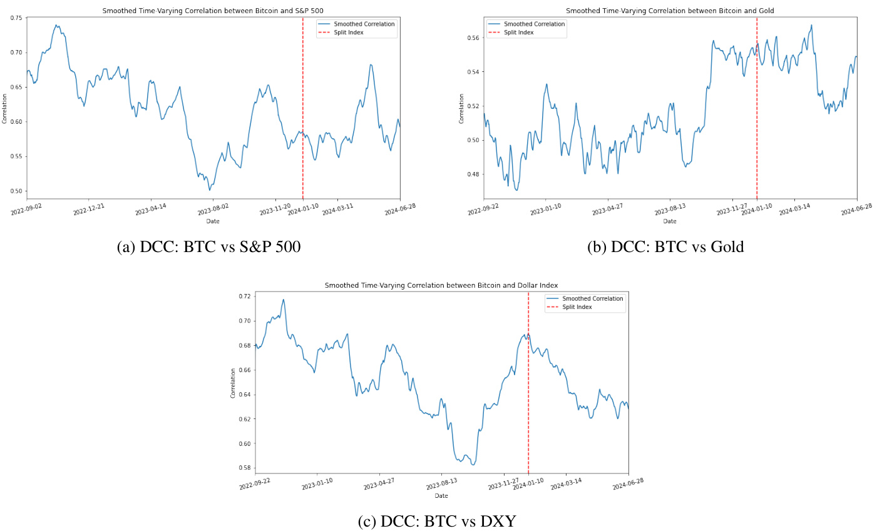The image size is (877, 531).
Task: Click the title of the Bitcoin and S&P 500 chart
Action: (x=213, y=11)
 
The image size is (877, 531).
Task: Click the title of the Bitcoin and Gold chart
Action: (x=670, y=11)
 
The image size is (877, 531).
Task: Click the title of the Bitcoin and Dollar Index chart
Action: (x=441, y=285)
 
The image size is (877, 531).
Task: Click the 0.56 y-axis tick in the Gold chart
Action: (x=473, y=38)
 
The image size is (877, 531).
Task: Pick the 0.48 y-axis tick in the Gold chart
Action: (x=473, y=174)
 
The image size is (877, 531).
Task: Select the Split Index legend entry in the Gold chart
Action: (x=518, y=33)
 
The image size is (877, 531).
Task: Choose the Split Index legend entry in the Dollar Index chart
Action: (x=577, y=307)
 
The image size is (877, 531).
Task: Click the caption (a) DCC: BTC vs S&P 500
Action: (x=208, y=247)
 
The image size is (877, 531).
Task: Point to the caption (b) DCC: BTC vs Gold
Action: (x=665, y=247)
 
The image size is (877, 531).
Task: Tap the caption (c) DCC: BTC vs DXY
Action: (x=437, y=522)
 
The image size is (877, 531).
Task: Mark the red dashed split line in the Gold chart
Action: (x=757, y=125)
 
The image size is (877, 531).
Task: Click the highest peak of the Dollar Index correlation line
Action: (x=284, y=300)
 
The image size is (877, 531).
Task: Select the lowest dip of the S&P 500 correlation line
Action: (x=210, y=190)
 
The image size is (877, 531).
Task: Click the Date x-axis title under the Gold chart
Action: (x=670, y=221)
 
